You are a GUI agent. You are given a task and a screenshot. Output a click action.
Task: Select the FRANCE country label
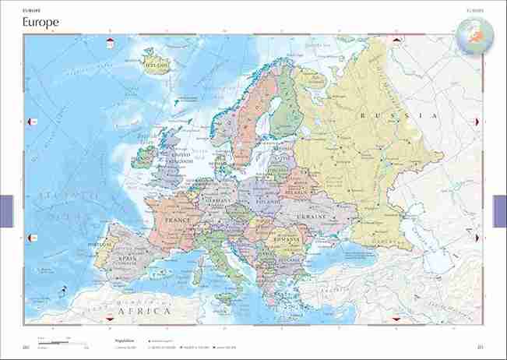(x=178, y=221)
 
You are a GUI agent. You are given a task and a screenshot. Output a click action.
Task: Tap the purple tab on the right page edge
(x=500, y=211)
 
